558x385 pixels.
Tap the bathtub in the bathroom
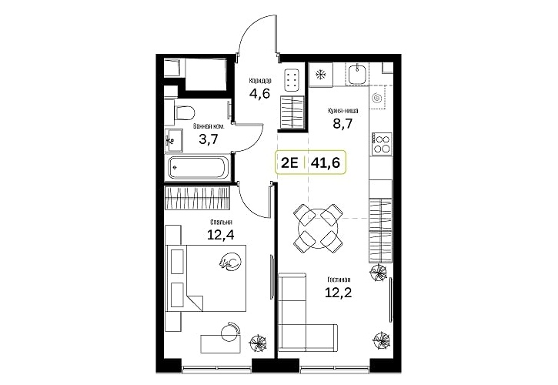point(199,168)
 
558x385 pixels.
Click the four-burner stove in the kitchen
point(382,143)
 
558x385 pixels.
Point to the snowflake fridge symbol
point(321,75)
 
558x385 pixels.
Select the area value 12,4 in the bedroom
point(221,235)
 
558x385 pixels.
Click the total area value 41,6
point(326,162)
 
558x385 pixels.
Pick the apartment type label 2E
point(289,162)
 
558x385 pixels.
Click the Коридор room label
point(260,81)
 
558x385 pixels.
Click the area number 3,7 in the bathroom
point(208,139)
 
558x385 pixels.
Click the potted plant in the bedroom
point(257,343)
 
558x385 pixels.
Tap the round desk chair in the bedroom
point(230,332)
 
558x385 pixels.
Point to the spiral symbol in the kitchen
point(376,97)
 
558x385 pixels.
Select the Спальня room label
point(221,223)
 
